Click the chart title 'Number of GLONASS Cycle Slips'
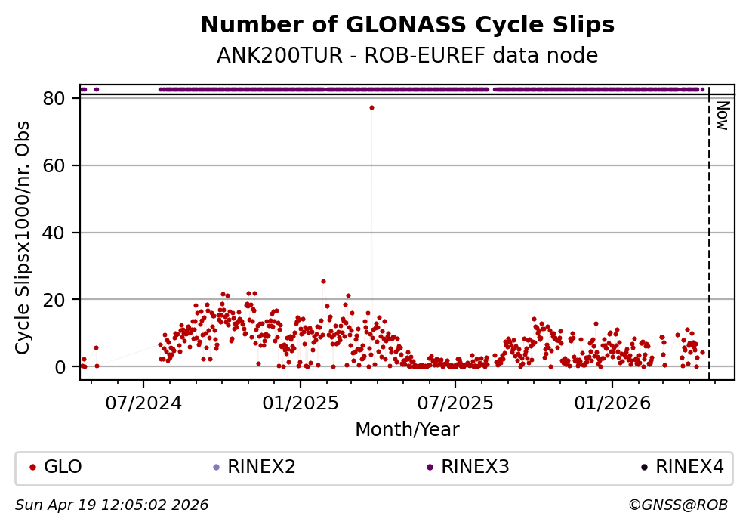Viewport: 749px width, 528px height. point(407,26)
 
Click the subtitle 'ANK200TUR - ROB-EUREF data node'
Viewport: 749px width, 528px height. point(407,56)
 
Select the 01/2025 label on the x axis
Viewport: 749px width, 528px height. point(300,403)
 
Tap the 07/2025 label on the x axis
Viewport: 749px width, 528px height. point(455,403)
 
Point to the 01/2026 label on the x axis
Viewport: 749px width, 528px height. point(611,403)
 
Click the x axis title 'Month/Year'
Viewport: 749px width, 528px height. point(407,430)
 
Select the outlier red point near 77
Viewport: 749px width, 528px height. point(371,107)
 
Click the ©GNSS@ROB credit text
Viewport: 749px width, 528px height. point(677,505)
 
